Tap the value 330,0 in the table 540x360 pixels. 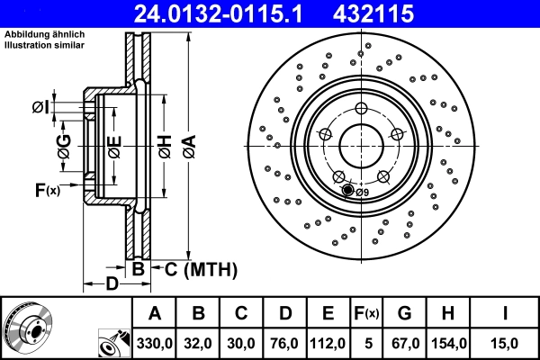click(154, 343)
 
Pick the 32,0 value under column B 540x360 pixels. click(198, 343)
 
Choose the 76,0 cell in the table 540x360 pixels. click(284, 343)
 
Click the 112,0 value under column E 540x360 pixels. click(328, 343)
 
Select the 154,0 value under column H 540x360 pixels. click(447, 343)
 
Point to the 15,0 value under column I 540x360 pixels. click(505, 343)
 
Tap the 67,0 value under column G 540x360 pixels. click(404, 343)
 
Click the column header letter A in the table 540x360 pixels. click(154, 313)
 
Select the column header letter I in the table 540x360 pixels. click(505, 313)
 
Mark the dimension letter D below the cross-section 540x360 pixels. click(110, 284)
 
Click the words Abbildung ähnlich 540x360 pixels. click(45, 34)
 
